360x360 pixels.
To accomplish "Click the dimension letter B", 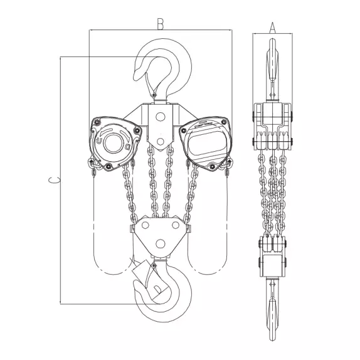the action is tap(161, 24).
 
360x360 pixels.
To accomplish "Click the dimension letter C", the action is tap(55, 180).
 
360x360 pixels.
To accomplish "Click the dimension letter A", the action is tap(272, 28).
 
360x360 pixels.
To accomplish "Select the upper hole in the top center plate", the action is tap(161, 117).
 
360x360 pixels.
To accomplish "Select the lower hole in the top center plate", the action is tap(161, 141).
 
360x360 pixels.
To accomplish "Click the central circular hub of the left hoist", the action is tap(112, 144).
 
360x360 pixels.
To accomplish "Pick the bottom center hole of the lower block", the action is tap(161, 243).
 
